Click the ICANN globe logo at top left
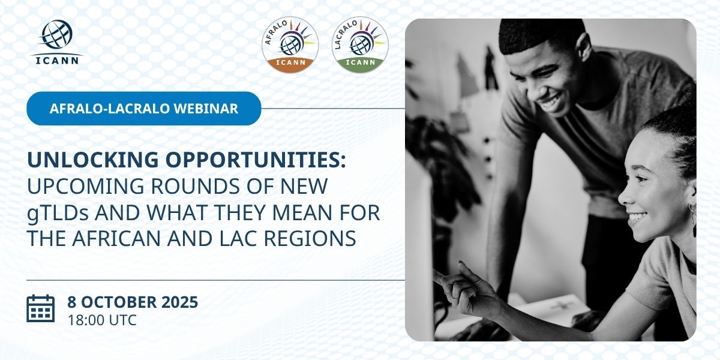pyautogui.click(x=56, y=42)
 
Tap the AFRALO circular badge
pyautogui.click(x=290, y=45)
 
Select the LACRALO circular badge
pyautogui.click(x=360, y=45)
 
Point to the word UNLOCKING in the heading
pyautogui.click(x=93, y=160)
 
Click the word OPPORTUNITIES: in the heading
pyautogui.click(x=256, y=160)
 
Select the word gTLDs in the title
pyautogui.click(x=58, y=213)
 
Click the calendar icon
pyautogui.click(x=41, y=308)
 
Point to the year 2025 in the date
pyautogui.click(x=179, y=302)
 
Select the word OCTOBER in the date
pyautogui.click(x=119, y=302)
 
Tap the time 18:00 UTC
pyautogui.click(x=102, y=320)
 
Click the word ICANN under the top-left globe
pyautogui.click(x=57, y=61)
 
